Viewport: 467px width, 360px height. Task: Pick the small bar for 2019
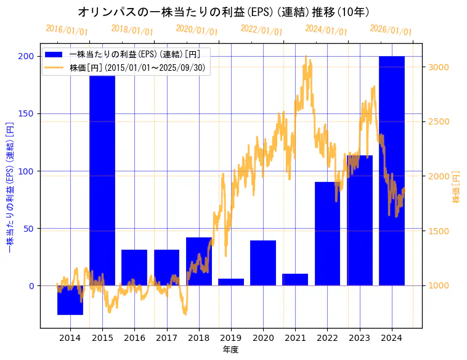(x=231, y=282)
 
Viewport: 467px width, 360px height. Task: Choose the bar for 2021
(x=295, y=280)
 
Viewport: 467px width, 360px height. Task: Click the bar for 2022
(x=327, y=234)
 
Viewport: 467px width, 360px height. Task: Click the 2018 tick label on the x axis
(x=199, y=337)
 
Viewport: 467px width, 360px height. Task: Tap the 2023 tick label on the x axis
(x=359, y=337)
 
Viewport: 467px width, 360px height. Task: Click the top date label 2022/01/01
(x=262, y=30)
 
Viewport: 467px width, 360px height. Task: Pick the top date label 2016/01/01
(x=67, y=30)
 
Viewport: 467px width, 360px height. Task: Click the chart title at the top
(x=224, y=12)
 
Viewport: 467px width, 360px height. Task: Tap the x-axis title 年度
(x=230, y=350)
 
